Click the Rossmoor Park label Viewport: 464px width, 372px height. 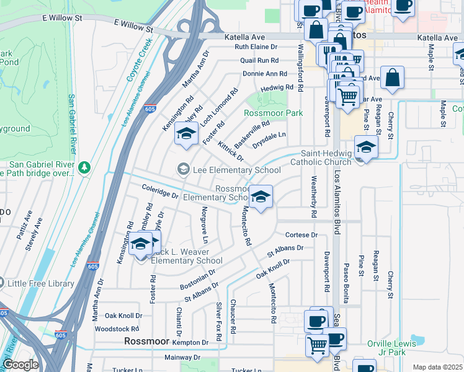coord(274,113)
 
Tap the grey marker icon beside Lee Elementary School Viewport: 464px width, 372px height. coord(183,169)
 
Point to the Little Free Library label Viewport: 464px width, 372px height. coord(41,283)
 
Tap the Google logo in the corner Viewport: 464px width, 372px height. coord(20,365)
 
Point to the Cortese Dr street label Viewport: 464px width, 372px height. coord(301,235)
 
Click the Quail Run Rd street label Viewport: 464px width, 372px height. coord(264,60)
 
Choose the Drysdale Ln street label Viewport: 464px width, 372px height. coord(269,135)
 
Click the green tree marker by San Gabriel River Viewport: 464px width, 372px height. coord(84,168)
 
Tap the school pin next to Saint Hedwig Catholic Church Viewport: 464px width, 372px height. coord(366,148)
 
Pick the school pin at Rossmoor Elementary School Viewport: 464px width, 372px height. coord(261,197)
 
